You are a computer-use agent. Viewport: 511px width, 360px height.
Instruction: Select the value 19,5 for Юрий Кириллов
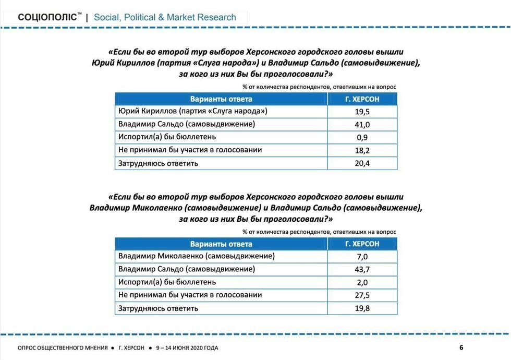click(362, 112)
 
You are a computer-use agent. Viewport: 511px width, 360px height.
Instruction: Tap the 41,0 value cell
click(362, 125)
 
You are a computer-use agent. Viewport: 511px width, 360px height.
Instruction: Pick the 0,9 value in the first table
click(362, 138)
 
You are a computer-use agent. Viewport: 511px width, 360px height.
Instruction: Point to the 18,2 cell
click(362, 151)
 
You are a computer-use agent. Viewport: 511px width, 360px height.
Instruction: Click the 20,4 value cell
click(362, 164)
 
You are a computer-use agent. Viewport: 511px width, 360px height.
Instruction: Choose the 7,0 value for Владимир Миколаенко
click(362, 257)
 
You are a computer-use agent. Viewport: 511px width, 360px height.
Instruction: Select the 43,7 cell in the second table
click(362, 270)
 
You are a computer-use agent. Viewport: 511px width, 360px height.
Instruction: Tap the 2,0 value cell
click(362, 283)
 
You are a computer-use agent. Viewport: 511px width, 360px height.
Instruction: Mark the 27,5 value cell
click(362, 296)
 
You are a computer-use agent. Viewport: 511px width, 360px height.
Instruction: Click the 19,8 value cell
click(362, 308)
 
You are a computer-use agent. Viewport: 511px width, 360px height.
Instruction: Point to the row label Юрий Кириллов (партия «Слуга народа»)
click(193, 111)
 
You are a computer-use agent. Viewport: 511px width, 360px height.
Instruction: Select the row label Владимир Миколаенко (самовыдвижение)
click(197, 256)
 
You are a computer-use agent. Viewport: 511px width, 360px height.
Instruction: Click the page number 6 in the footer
click(461, 348)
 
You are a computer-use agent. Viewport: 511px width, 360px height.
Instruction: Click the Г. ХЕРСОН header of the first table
click(362, 99)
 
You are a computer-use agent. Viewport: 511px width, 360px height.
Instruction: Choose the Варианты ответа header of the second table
click(221, 244)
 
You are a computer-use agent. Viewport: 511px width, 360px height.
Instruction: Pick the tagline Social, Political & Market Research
click(165, 17)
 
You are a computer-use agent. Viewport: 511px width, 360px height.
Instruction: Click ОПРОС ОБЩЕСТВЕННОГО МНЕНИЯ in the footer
click(63, 348)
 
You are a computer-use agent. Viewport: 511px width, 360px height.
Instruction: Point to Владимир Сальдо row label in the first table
click(187, 124)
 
